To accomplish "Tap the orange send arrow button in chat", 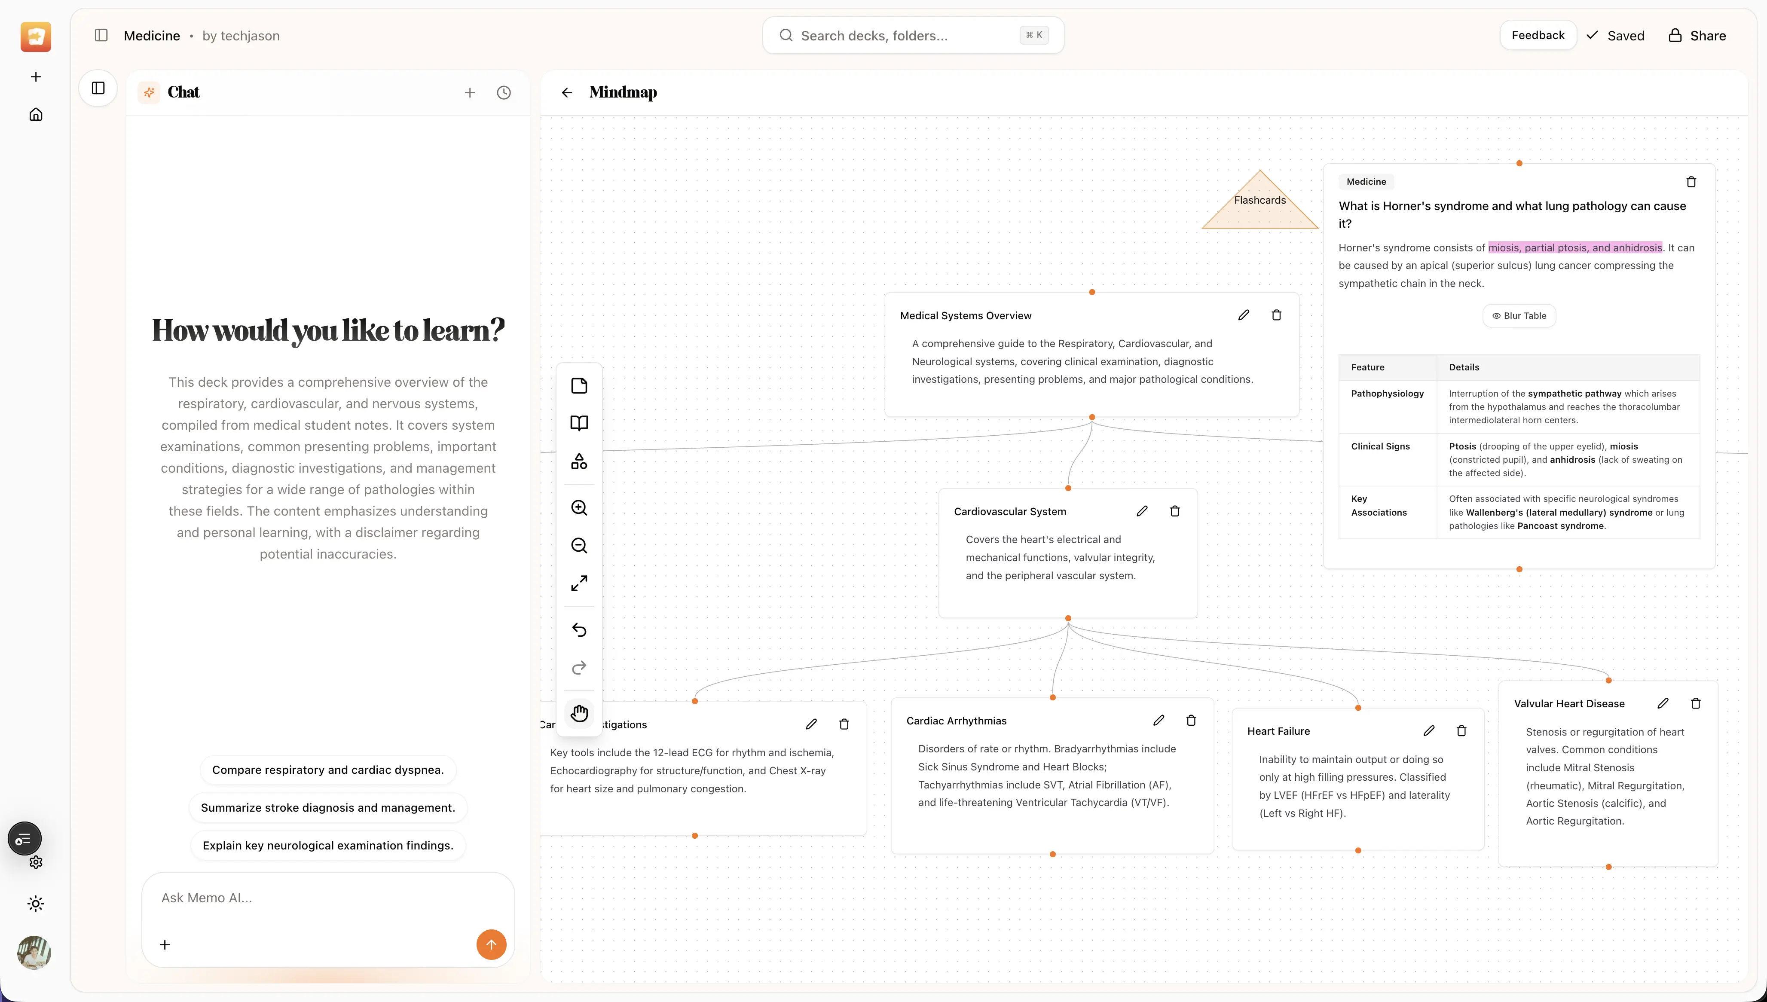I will point(491,944).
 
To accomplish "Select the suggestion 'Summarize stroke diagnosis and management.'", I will point(327,807).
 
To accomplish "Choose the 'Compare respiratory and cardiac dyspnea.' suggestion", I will point(327,770).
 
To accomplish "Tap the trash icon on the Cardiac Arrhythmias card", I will point(1191,721).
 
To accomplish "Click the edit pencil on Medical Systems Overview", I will point(1243,315).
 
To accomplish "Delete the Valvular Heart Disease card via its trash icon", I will point(1695,703).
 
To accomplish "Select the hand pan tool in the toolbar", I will point(579,713).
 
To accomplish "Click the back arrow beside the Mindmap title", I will point(566,92).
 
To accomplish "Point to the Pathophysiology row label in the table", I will point(1387,394).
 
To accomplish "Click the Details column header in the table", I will point(1464,367).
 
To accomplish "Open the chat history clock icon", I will point(504,92).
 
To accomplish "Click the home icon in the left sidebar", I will point(36,114).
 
